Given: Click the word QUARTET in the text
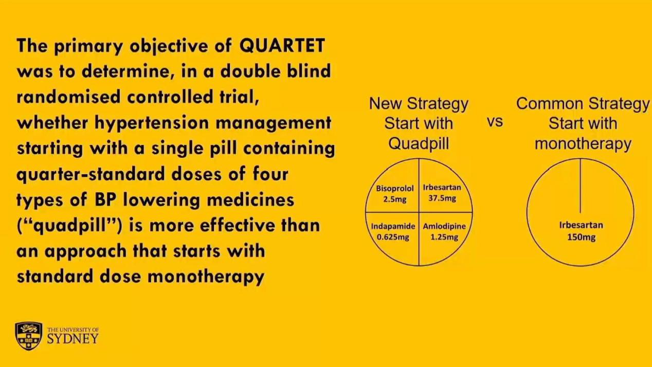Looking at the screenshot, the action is tap(282, 46).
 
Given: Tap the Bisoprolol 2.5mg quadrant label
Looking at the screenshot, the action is tap(394, 194).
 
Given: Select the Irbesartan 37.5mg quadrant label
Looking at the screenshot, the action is tap(442, 193).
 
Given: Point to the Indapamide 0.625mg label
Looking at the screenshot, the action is tap(393, 232).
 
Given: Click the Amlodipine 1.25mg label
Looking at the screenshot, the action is tap(444, 232).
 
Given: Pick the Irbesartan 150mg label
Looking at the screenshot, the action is tap(581, 231).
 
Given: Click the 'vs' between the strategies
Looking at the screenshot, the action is tap(495, 122).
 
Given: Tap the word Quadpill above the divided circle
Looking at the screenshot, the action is tap(419, 143).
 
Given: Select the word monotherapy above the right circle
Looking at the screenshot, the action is tap(583, 144).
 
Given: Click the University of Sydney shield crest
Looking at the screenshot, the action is tap(28, 336).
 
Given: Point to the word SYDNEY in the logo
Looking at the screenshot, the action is tap(73, 339).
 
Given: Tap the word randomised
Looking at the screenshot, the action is tap(68, 97).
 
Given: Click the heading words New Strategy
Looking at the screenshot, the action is tap(419, 104).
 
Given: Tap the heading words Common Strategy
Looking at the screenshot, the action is tap(583, 104).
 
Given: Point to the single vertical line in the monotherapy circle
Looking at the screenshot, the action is tap(581, 186).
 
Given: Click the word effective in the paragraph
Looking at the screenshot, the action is tap(238, 226).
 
